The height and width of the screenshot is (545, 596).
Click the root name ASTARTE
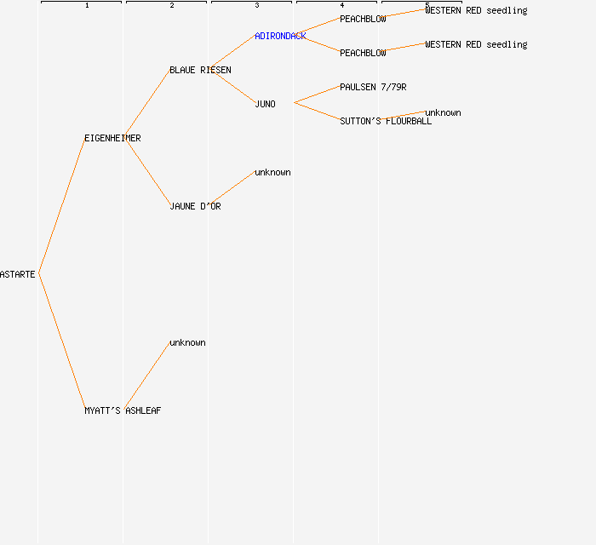click(x=18, y=274)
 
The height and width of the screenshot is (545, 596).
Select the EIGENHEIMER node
click(x=112, y=138)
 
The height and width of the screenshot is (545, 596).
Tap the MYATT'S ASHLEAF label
click(x=123, y=410)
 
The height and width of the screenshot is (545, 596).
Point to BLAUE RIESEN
click(x=200, y=70)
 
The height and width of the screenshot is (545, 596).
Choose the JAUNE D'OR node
click(x=195, y=206)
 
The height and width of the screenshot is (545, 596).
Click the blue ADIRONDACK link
click(x=280, y=36)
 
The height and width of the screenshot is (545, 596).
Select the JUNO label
click(x=265, y=104)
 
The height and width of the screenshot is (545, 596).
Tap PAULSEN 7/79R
click(x=373, y=87)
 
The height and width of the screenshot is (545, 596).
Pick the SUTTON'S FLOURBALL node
click(x=386, y=121)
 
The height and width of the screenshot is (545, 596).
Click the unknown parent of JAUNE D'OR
click(x=272, y=172)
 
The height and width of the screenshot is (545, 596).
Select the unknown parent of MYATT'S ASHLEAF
click(x=187, y=342)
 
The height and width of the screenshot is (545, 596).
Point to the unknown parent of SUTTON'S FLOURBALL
click(x=443, y=112)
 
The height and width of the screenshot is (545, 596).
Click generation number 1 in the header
click(x=87, y=5)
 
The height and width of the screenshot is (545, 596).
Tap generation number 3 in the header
click(x=257, y=5)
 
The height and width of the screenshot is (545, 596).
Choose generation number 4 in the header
click(x=342, y=5)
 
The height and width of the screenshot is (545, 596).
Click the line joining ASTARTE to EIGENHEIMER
click(x=61, y=206)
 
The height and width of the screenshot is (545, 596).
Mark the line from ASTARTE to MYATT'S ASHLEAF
click(x=61, y=341)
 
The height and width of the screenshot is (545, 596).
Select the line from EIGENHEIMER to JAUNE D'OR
click(x=147, y=172)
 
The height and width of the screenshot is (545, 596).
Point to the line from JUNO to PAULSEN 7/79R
click(x=317, y=95)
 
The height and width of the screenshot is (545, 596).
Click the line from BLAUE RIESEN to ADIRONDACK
click(x=232, y=52)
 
